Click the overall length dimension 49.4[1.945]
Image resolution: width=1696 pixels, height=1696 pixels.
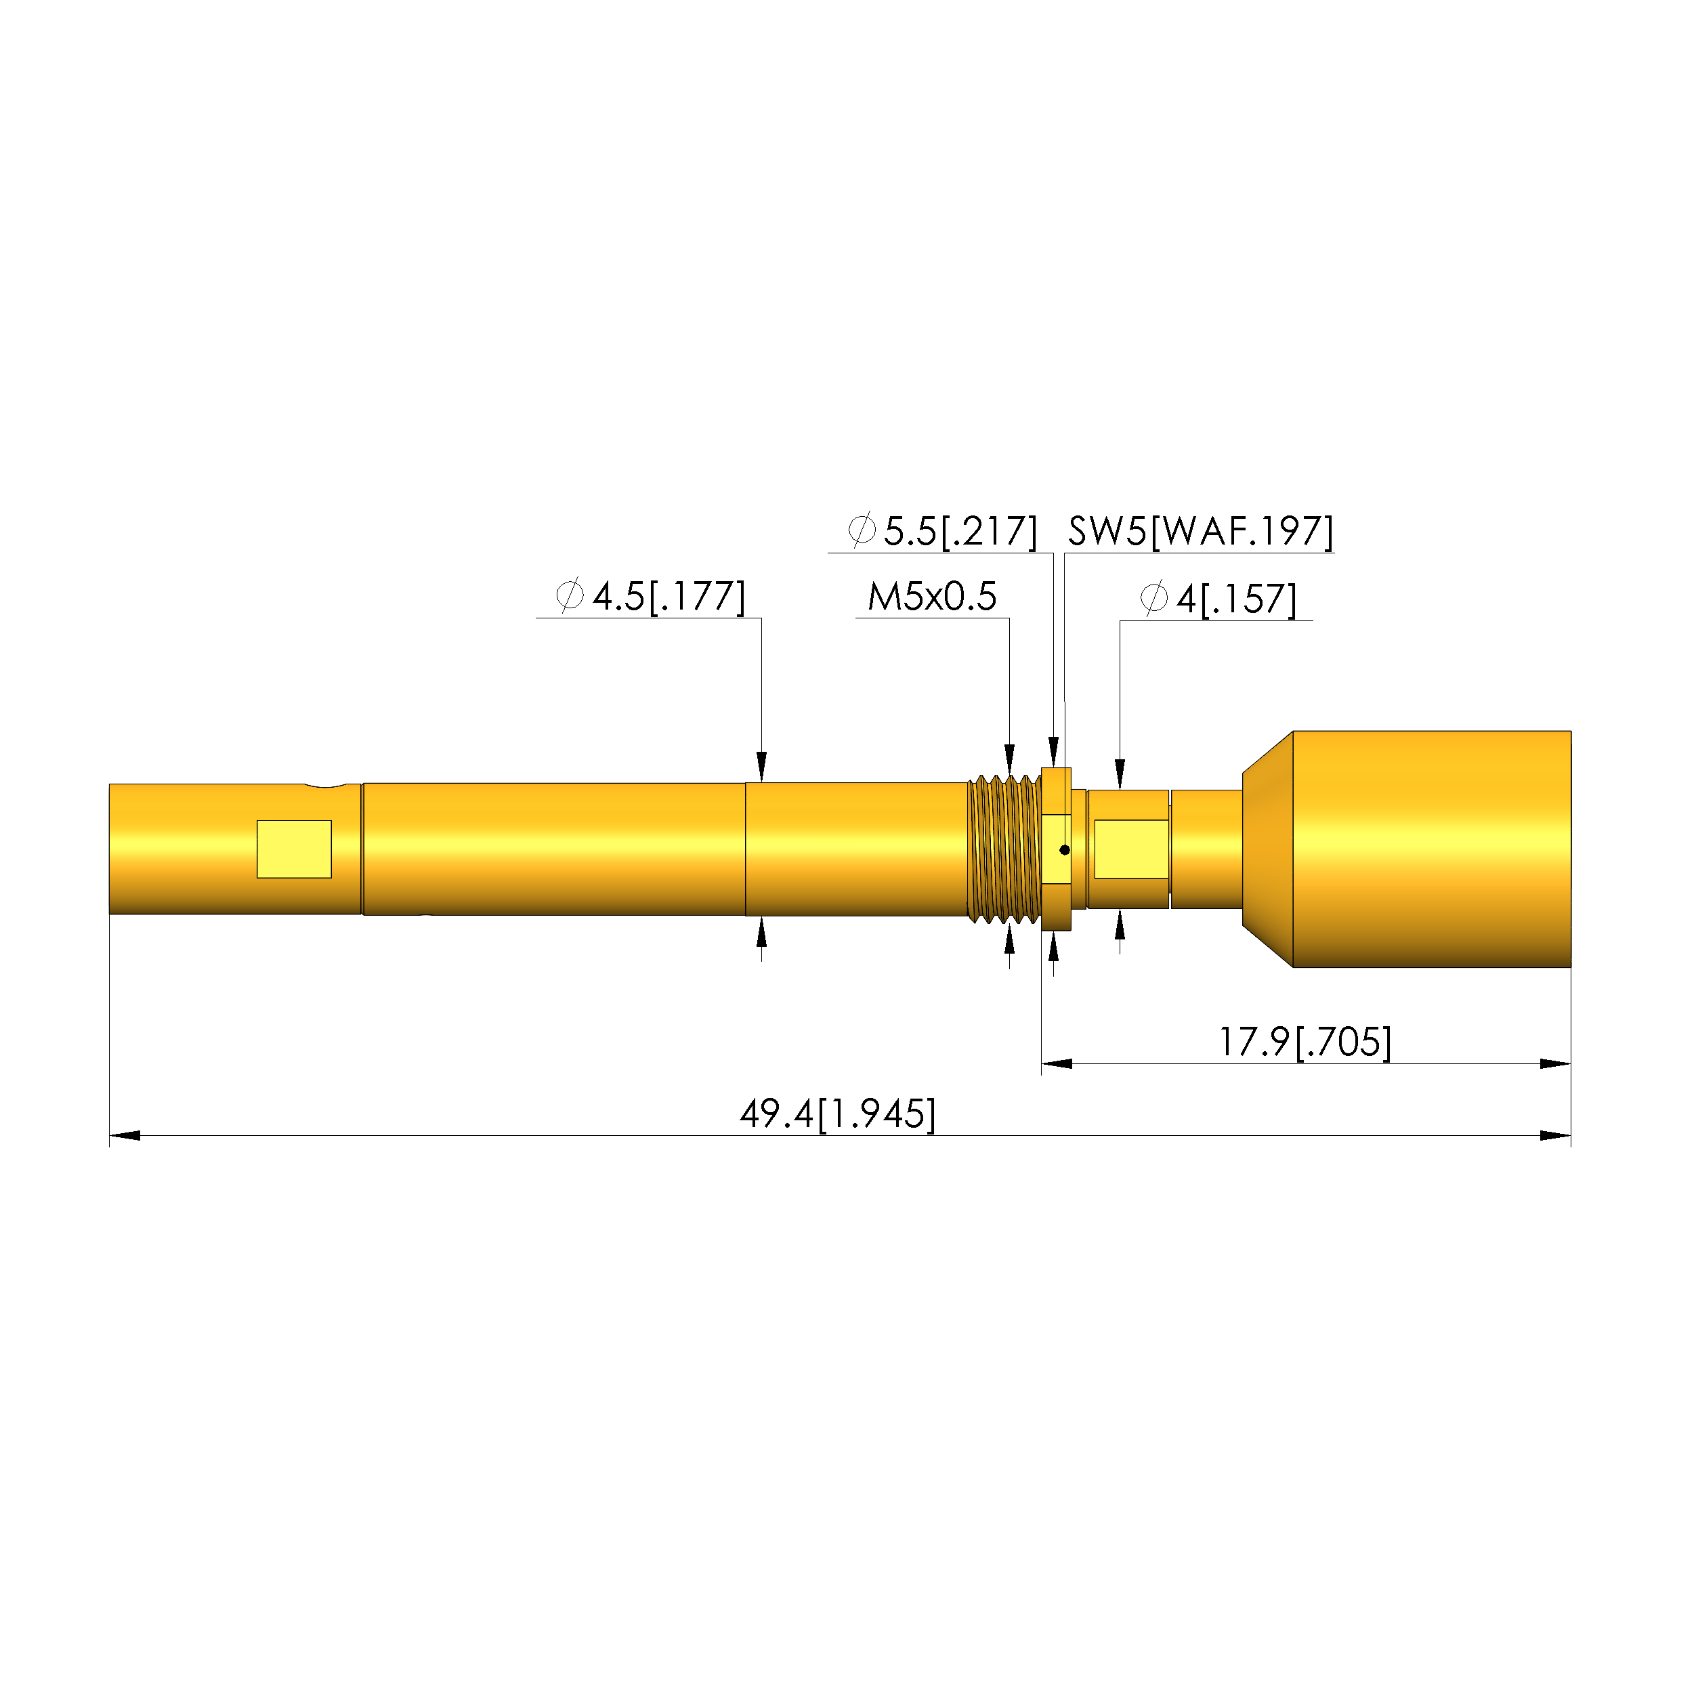[837, 1114]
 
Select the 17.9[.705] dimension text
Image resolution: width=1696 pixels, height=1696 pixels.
[1305, 1042]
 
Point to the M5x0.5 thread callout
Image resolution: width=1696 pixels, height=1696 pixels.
[932, 597]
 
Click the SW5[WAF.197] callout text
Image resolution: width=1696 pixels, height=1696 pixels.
[1200, 531]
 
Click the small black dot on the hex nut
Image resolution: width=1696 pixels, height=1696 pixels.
[1065, 850]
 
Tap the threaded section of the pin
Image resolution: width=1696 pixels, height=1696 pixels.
[1004, 849]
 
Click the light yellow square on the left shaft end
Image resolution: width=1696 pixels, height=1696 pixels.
[294, 849]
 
